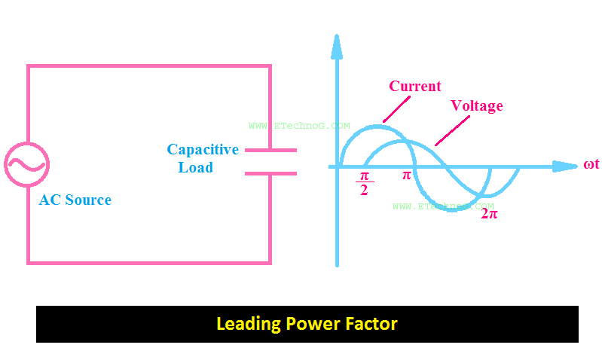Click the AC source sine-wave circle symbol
(x=27, y=164)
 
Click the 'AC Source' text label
(x=75, y=200)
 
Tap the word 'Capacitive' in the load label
(x=203, y=150)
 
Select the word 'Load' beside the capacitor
(x=195, y=168)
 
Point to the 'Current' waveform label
(x=415, y=86)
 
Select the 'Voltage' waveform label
(x=476, y=106)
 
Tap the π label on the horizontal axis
(x=406, y=175)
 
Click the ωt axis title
(x=591, y=165)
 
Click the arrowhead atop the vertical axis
(x=337, y=47)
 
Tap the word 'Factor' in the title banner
(x=371, y=325)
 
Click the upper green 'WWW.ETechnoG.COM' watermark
(x=299, y=127)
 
